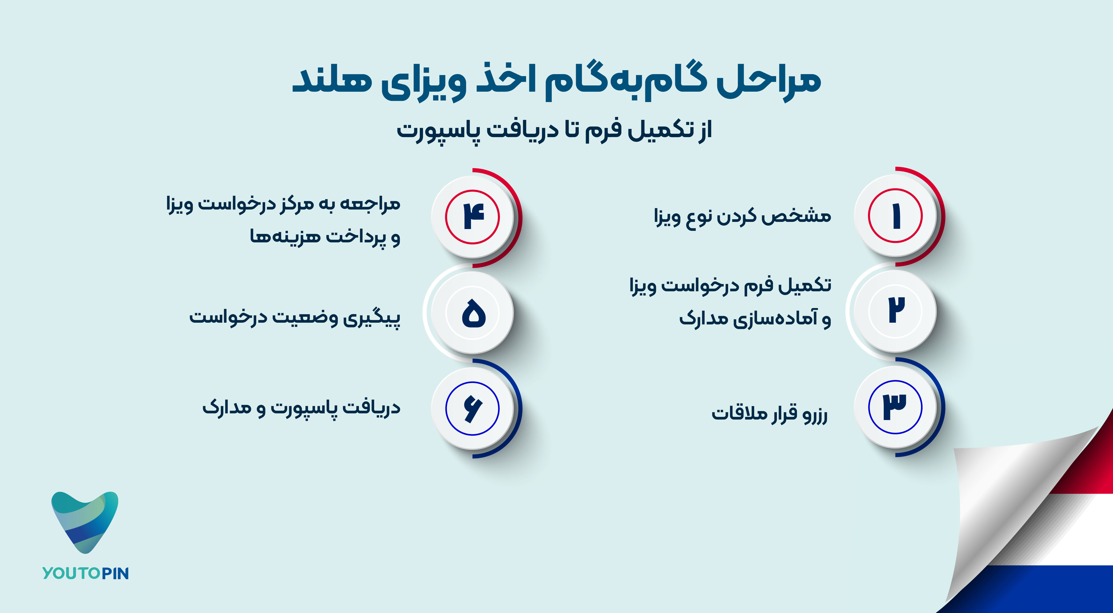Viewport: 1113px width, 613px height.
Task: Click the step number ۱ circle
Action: pos(895,216)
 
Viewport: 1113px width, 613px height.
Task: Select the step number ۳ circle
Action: pos(895,407)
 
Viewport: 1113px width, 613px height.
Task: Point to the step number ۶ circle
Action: pos(473,408)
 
